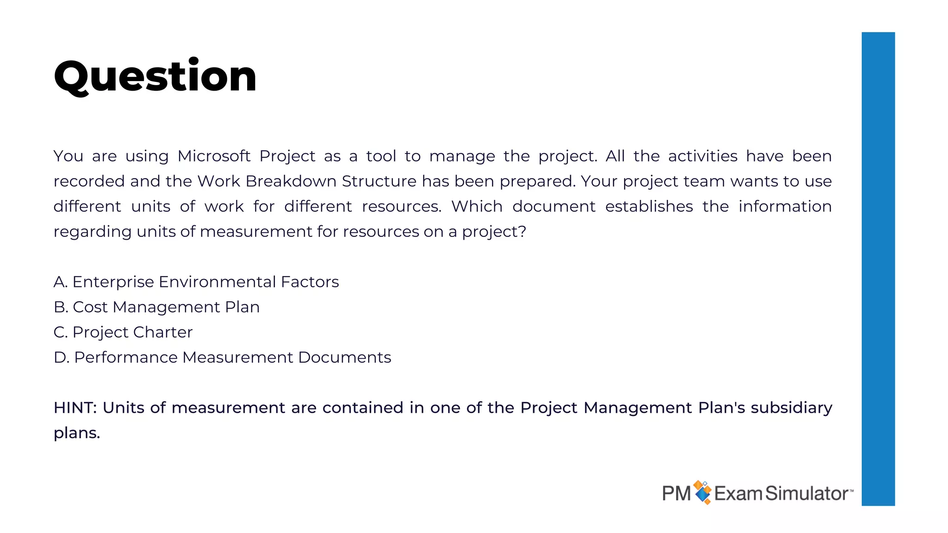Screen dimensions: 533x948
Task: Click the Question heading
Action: [x=155, y=76]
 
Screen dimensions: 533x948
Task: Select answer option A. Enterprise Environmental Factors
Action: [x=196, y=282]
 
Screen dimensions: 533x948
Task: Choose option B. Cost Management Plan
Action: [x=156, y=307]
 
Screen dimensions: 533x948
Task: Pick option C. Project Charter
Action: [x=123, y=332]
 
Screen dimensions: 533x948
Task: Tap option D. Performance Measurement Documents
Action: [x=222, y=357]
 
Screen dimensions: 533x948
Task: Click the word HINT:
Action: [x=75, y=408]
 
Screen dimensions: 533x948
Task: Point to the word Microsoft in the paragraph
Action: [x=214, y=156]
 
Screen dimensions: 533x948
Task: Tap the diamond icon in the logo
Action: [x=703, y=492]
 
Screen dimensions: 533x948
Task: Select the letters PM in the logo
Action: [x=676, y=493]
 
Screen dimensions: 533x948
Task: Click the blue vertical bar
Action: [x=878, y=268]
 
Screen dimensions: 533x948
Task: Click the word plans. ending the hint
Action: [x=77, y=433]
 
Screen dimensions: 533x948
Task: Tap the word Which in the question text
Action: [x=477, y=206]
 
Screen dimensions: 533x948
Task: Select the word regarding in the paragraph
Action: [x=92, y=232]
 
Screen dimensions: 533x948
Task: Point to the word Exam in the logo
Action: [x=738, y=493]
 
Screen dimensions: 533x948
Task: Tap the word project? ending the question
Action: [x=494, y=232]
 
